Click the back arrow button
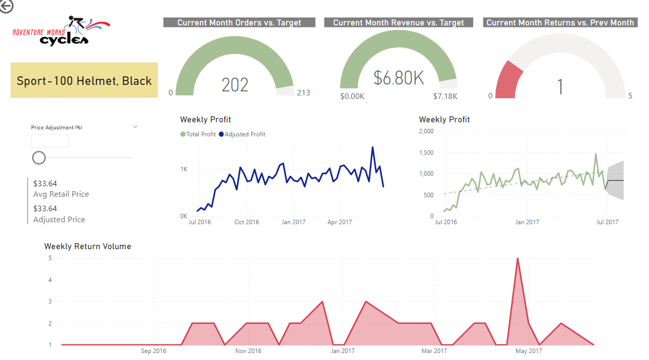click(6, 5)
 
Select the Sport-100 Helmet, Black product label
click(84, 80)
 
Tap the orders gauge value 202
click(235, 85)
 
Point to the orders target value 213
click(303, 92)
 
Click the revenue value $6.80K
click(399, 78)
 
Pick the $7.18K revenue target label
click(445, 96)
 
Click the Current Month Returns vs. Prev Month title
click(560, 22)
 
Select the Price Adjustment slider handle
click(39, 158)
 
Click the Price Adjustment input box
click(50, 141)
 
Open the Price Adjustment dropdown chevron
click(135, 127)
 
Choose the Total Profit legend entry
click(198, 134)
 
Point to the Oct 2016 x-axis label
click(246, 222)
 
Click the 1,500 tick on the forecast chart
click(426, 152)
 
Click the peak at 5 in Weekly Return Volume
click(518, 259)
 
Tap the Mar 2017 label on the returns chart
click(434, 351)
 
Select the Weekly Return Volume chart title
click(87, 246)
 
